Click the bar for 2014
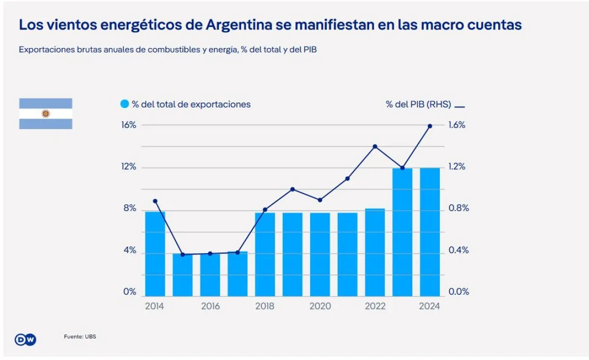pos(155,254)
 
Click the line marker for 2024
pos(430,126)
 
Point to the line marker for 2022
pos(375,146)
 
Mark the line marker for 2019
pos(293,189)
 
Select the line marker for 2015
pos(183,255)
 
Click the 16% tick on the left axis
pos(129,125)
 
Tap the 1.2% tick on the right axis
pos(456,167)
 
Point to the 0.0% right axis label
pos(458,292)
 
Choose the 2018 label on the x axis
pos(265,307)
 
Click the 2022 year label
pos(375,307)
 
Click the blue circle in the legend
pos(125,104)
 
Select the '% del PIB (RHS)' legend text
pos(418,104)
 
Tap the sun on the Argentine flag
pos(46,114)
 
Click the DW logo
pos(26,339)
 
